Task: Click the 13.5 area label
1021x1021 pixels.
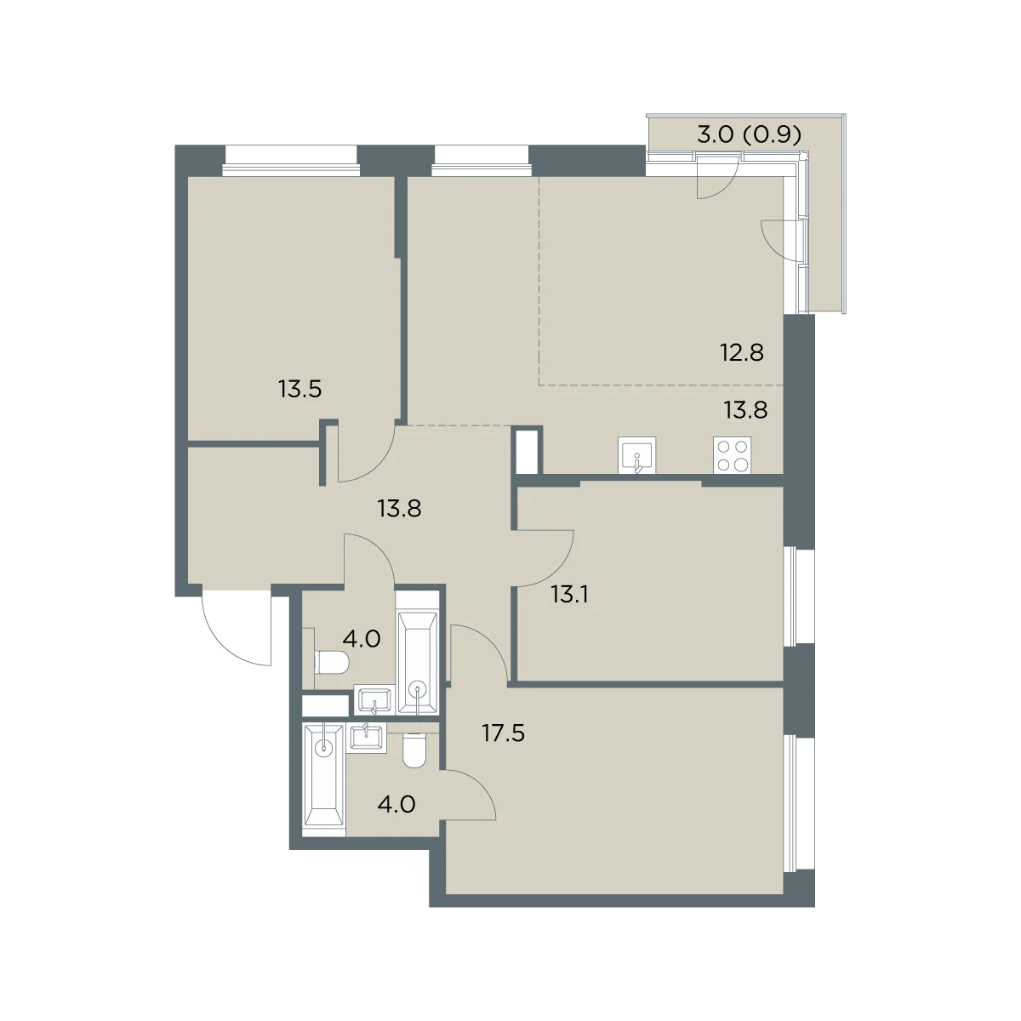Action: click(299, 390)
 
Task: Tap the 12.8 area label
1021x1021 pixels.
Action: click(742, 352)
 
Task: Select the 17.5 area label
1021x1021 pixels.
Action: click(503, 733)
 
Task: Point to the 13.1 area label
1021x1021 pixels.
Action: click(569, 595)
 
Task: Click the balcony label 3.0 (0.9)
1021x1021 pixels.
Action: click(749, 134)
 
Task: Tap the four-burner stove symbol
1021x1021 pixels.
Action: click(732, 455)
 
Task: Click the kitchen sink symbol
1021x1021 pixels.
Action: click(637, 455)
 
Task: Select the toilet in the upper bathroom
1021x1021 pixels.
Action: click(331, 663)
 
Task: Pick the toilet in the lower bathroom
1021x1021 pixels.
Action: click(414, 750)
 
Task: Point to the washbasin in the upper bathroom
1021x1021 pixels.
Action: click(374, 700)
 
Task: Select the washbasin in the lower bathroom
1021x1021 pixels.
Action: click(368, 738)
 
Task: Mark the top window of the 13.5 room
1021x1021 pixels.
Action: click(291, 159)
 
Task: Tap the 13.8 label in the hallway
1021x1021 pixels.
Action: click(399, 509)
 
